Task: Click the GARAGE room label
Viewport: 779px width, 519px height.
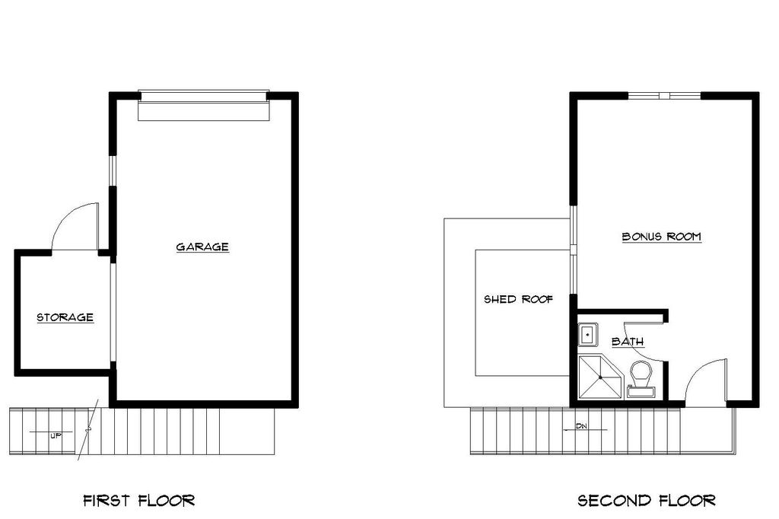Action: (x=202, y=247)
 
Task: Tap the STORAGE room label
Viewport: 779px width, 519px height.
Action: (x=65, y=317)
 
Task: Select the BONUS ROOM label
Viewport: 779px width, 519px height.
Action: (x=661, y=237)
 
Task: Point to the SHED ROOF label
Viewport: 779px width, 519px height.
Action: (x=518, y=299)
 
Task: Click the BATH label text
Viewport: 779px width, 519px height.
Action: (x=628, y=342)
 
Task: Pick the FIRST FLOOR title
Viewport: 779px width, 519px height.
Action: (x=138, y=500)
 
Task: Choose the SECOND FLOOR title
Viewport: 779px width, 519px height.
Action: (x=646, y=500)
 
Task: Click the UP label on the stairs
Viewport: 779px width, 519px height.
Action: (x=56, y=436)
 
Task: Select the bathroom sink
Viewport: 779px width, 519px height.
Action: (x=587, y=334)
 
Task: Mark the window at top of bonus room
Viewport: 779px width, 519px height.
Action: (x=663, y=95)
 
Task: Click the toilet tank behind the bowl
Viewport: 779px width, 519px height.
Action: (x=641, y=392)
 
